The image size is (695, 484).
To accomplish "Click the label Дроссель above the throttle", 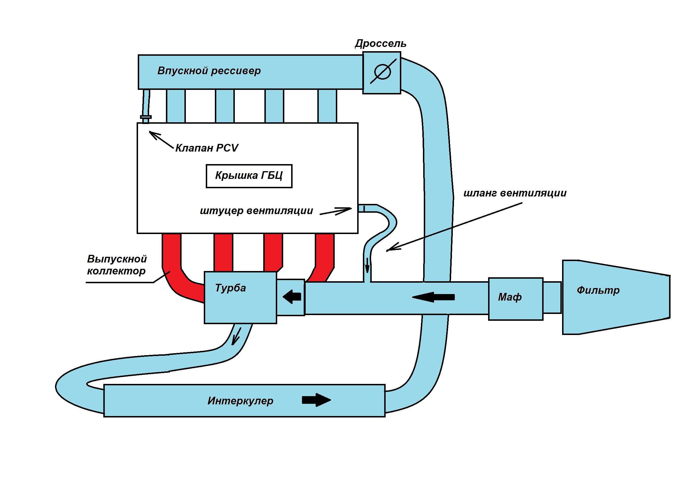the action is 381,43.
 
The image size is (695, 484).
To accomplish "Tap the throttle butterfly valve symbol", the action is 383,72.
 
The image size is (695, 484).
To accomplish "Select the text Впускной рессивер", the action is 209,71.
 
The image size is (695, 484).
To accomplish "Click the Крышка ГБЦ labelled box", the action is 249,176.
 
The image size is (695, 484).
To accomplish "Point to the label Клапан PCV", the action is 207,148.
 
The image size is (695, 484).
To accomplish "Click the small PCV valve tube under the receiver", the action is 146,106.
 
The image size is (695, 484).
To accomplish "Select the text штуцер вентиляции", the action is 256,210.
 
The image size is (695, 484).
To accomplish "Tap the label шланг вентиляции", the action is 515,193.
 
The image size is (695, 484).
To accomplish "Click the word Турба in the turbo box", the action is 230,288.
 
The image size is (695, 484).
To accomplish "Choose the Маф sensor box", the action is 515,299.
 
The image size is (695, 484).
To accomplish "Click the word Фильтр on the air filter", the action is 598,290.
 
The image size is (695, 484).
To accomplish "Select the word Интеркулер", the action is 240,401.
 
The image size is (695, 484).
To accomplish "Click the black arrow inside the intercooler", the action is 316,400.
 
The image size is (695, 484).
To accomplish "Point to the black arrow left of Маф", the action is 433,297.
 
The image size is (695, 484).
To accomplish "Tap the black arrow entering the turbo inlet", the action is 292,296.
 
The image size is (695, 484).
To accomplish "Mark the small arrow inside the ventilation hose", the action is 367,265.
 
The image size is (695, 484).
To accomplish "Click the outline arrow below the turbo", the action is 237,336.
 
